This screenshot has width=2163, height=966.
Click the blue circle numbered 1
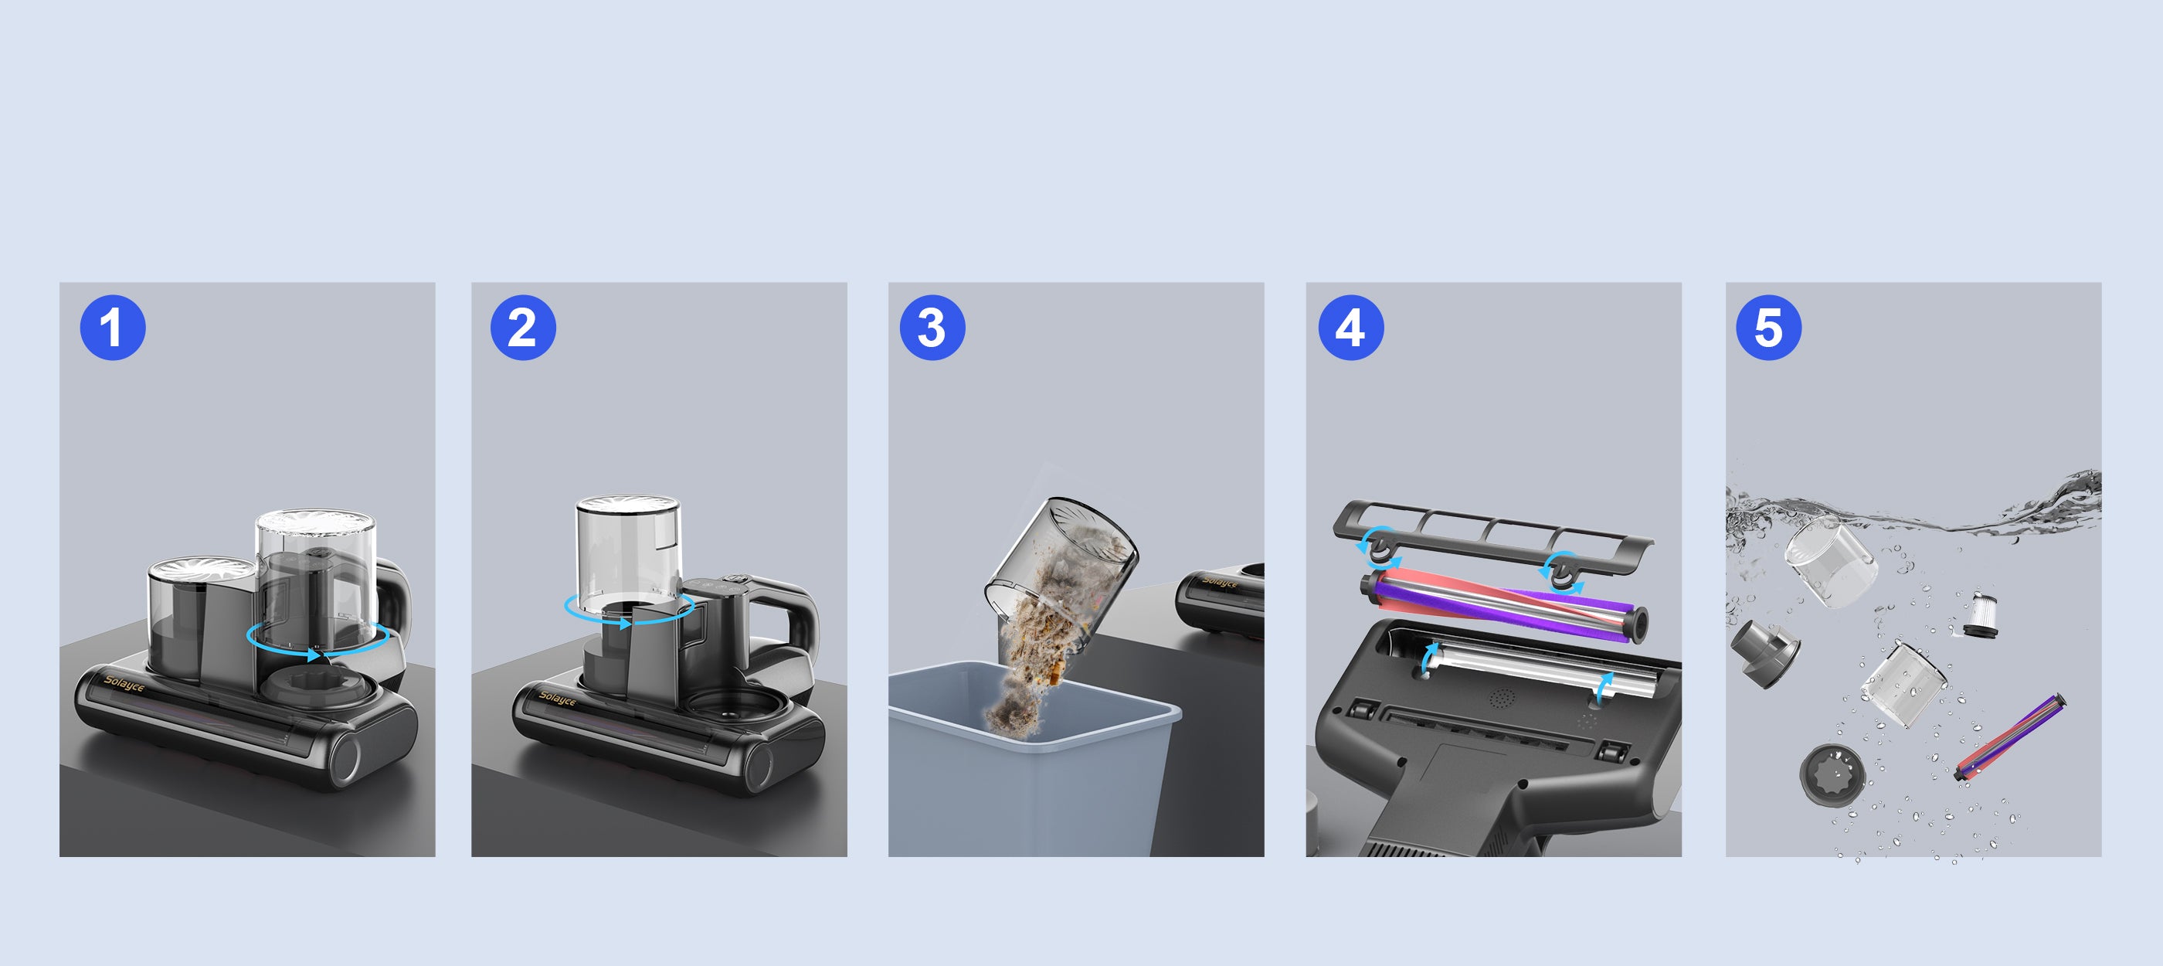[113, 328]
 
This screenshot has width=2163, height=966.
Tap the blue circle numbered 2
[523, 328]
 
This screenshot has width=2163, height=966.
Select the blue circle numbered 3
[932, 328]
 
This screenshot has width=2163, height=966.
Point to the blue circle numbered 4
[1351, 328]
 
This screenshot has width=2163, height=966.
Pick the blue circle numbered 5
[1768, 328]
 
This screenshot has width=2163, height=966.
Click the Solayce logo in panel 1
[124, 685]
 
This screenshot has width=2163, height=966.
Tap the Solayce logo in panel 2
[558, 698]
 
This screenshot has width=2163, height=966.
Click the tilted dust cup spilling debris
[1060, 567]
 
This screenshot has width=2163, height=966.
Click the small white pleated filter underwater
[1981, 614]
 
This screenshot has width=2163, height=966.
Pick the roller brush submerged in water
[2010, 736]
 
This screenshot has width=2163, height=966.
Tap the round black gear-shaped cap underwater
[1832, 774]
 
